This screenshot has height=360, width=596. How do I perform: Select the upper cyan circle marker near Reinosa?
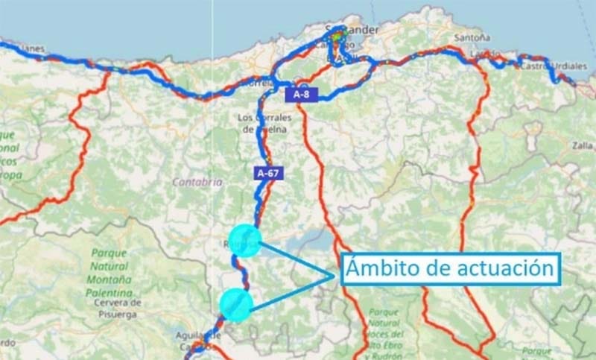pos(246,241)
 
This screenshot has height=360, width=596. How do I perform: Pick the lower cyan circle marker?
pos(236,305)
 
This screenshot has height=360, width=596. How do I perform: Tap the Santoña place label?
pos(472,37)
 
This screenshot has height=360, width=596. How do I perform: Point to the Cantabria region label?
pos(197,181)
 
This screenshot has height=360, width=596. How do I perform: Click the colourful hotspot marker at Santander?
pos(337,35)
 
